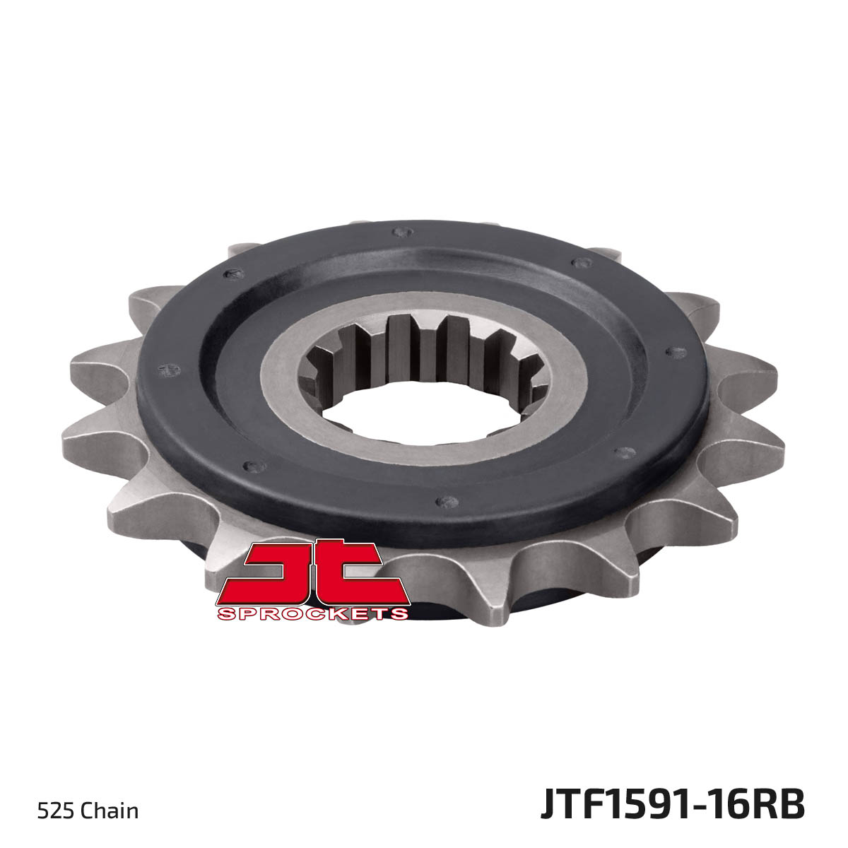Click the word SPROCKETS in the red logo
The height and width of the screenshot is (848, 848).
tap(313, 613)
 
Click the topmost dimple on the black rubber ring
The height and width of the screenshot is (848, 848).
tap(403, 232)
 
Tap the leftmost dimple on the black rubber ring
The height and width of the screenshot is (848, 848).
tap(169, 370)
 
